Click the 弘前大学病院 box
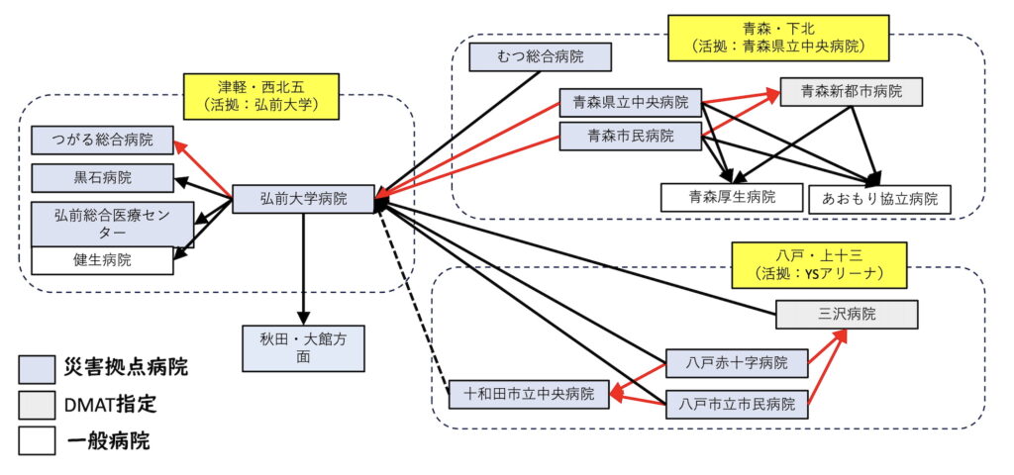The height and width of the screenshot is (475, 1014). tap(304, 199)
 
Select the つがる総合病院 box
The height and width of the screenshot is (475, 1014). tap(102, 140)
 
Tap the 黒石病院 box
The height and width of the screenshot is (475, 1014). tap(102, 178)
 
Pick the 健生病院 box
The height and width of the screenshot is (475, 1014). tap(102, 260)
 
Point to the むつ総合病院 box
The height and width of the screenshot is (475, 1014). tap(542, 57)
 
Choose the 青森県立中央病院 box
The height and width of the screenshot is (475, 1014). tap(630, 101)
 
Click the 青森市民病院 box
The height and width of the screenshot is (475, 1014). tap(630, 136)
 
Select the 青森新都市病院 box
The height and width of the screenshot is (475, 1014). tap(852, 92)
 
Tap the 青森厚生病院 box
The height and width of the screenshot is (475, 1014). tap(732, 197)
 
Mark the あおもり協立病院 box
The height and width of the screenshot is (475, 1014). tap(879, 199)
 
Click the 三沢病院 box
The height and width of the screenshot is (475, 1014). tap(846, 315)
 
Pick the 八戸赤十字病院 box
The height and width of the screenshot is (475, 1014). tap(737, 363)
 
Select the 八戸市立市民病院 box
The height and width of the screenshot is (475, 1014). tap(737, 404)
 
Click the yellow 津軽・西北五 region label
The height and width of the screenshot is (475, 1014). tap(261, 92)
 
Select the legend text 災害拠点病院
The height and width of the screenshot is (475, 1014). tap(125, 368)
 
